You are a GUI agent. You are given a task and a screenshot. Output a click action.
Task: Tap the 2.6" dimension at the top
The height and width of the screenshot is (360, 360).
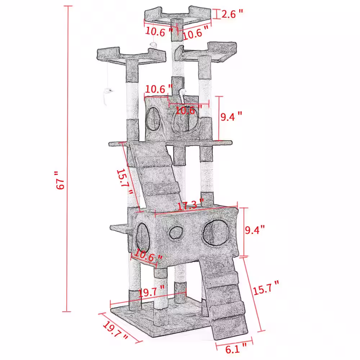tap(232, 14)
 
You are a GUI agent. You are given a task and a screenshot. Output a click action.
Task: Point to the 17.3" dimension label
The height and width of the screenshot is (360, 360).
tap(190, 206)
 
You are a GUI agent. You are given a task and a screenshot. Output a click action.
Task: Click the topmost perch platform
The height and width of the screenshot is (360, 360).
tap(178, 16)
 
